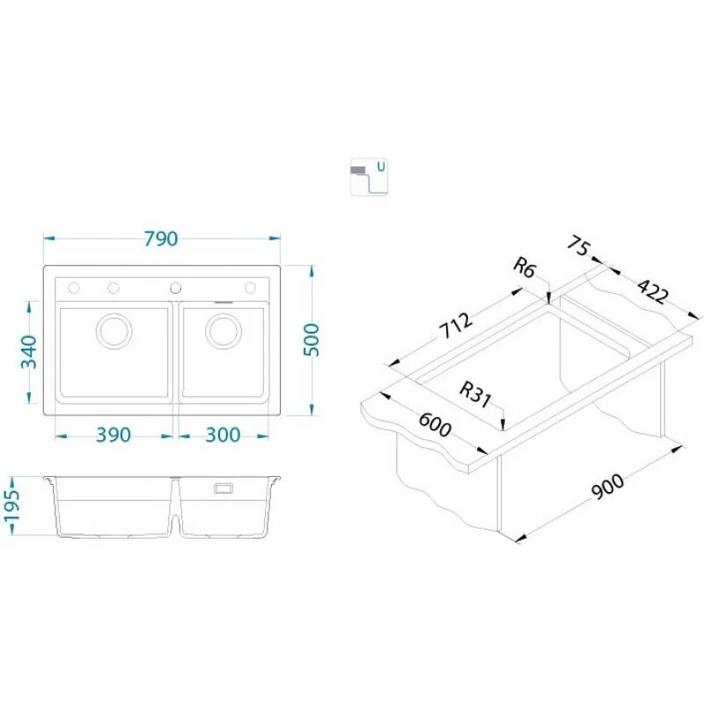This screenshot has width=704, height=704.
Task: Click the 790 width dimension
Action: [x=161, y=238]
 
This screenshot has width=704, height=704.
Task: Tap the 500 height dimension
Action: [x=312, y=340]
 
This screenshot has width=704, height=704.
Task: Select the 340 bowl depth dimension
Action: [x=29, y=351]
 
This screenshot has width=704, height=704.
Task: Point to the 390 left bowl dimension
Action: [x=114, y=435]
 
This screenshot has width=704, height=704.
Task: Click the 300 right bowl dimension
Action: [x=224, y=435]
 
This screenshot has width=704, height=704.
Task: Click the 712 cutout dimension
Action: [x=456, y=325]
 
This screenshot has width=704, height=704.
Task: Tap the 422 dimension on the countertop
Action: [x=653, y=291]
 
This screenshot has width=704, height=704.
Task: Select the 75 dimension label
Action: [x=578, y=246]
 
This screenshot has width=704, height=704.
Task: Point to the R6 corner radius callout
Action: [x=524, y=268]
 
